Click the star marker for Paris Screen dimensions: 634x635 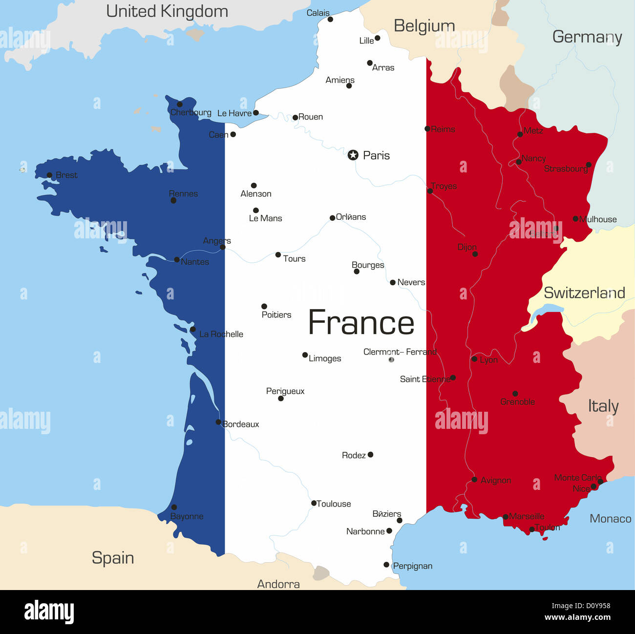353,155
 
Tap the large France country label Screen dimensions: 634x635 361,323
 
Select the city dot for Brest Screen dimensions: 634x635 49,175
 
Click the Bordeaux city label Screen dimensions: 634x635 241,424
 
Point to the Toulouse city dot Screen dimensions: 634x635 314,503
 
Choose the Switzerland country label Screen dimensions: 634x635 584,293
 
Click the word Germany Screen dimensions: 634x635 587,37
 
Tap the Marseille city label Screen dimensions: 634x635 527,516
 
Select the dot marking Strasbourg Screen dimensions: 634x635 589,165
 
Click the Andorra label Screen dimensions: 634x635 278,584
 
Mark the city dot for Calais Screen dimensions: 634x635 330,19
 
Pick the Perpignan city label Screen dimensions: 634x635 413,566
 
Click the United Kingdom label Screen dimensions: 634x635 167,11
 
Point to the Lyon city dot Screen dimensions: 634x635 474,359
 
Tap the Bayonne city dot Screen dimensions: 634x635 174,507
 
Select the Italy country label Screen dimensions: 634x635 603,406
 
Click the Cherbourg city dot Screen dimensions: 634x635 180,104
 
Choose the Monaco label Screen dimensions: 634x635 610,519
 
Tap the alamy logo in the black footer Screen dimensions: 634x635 49,612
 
